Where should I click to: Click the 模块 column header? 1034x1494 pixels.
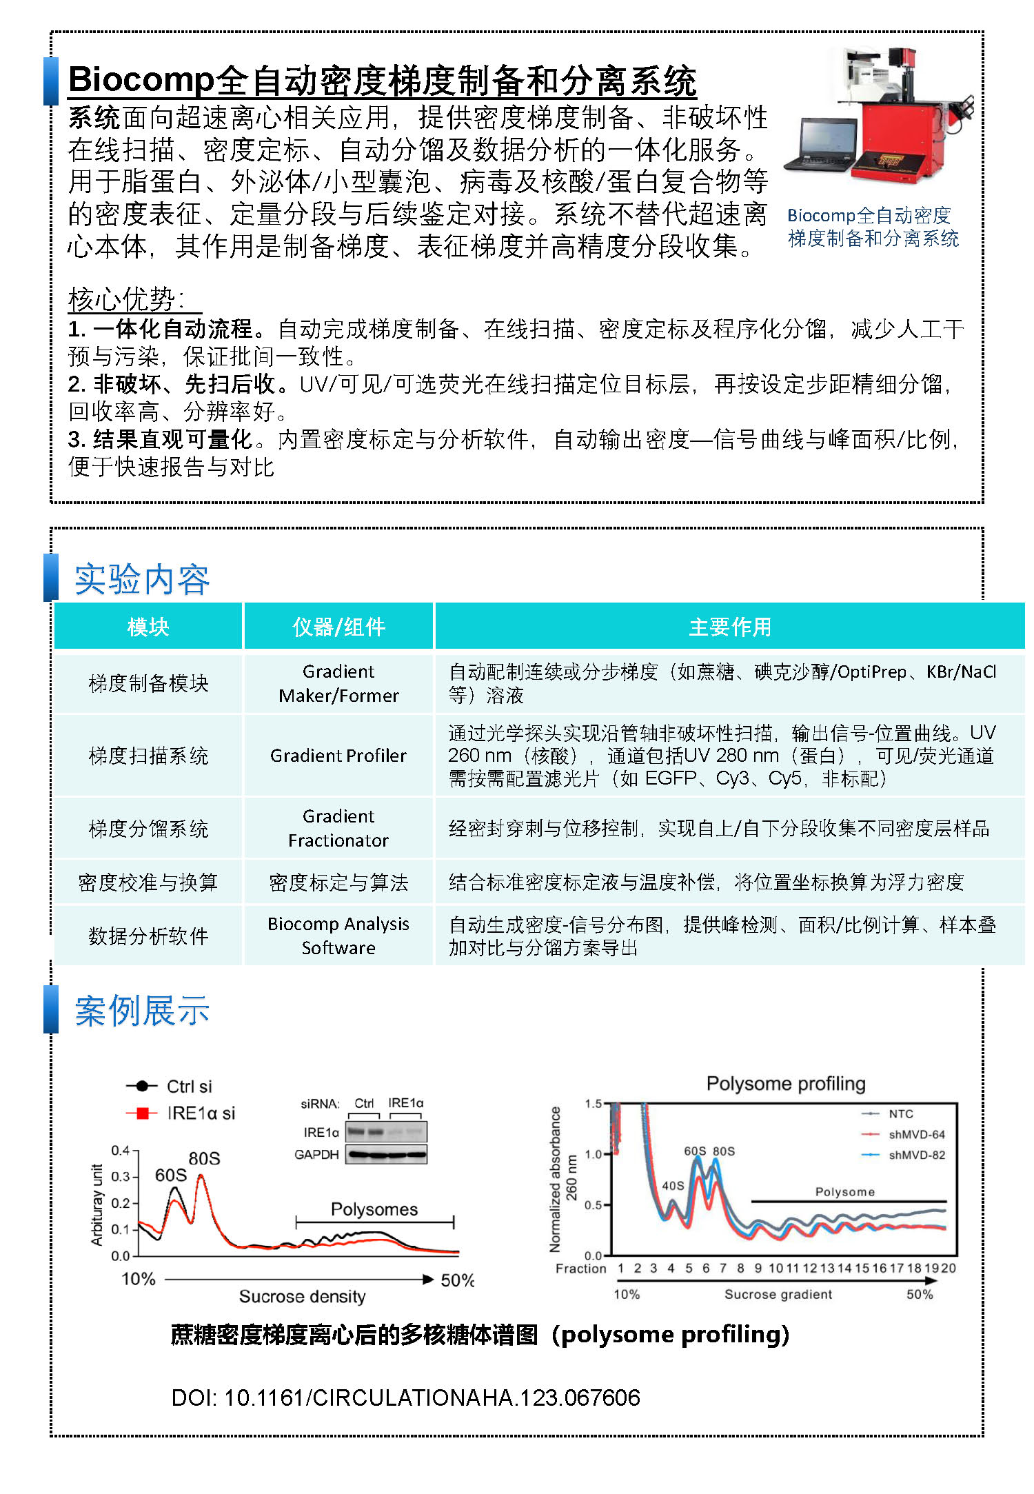(148, 627)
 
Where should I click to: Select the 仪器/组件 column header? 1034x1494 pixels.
(338, 627)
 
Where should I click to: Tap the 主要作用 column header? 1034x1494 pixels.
(729, 627)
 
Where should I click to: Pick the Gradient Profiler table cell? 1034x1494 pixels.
(338, 756)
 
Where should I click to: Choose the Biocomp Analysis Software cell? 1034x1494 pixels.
(338, 936)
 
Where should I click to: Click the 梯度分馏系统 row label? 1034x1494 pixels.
(148, 828)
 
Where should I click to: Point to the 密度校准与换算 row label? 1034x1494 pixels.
(148, 882)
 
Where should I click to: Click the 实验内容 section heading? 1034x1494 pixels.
(142, 579)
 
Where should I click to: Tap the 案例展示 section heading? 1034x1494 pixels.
(142, 1011)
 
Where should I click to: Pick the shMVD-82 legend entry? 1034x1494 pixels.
(916, 1155)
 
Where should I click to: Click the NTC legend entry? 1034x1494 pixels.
(900, 1113)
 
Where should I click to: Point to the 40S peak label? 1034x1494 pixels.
(673, 1186)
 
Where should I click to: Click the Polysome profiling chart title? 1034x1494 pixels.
(786, 1084)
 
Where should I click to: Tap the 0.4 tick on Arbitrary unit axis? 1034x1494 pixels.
(120, 1150)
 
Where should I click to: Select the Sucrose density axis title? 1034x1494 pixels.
(302, 1297)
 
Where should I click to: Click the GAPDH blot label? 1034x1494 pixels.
(316, 1154)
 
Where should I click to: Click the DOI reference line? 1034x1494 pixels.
(405, 1397)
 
